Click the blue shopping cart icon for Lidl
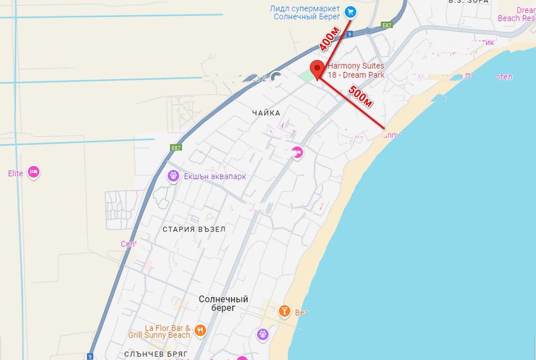click(x=350, y=11)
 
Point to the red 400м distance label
click(x=329, y=39)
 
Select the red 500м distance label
click(x=360, y=96)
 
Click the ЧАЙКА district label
click(x=266, y=113)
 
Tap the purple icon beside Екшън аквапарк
click(x=173, y=175)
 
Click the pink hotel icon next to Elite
click(x=34, y=172)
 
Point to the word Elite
click(x=16, y=173)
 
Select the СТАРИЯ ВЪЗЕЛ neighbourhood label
click(x=194, y=229)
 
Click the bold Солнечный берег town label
click(x=224, y=304)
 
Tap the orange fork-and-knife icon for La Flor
click(x=200, y=330)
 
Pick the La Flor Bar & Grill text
click(x=159, y=332)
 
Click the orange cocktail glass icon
click(x=284, y=311)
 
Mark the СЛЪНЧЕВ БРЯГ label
click(x=155, y=354)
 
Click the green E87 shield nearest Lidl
click(x=386, y=25)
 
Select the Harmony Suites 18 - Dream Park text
click(x=356, y=70)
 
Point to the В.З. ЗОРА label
click(x=468, y=2)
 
